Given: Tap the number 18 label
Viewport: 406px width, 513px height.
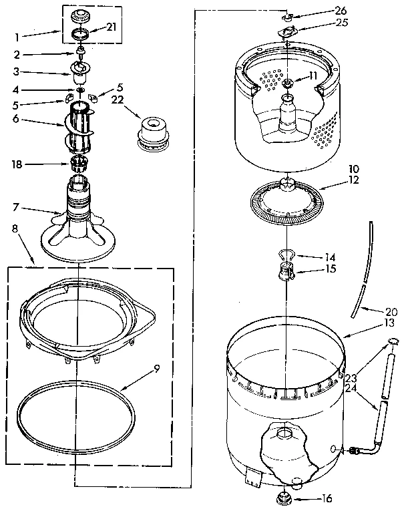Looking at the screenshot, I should pos(17,163).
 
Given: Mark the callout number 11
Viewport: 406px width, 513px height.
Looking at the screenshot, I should pos(313,76).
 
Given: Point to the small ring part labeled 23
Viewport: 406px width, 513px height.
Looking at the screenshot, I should pos(393,343).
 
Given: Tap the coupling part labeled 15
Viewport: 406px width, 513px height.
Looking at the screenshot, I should pos(288,271).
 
